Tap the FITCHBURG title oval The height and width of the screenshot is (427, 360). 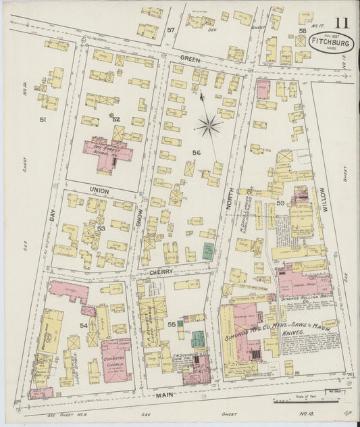331,43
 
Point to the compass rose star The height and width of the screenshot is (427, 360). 209,124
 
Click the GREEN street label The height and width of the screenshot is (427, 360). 189,58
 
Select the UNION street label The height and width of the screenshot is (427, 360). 99,191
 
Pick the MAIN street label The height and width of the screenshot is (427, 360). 163,394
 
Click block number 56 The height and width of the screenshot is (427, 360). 196,153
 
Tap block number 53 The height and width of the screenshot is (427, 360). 101,228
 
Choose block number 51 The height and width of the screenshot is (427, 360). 43,120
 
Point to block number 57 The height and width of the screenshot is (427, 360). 172,30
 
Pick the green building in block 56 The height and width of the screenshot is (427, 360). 208,251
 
